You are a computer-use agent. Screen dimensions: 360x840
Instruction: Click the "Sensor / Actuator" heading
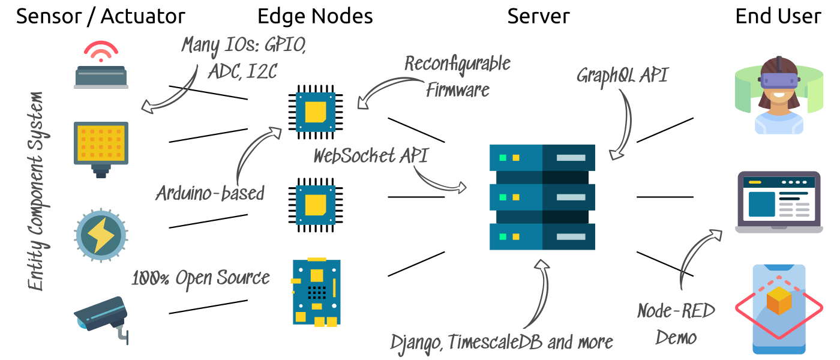(x=100, y=16)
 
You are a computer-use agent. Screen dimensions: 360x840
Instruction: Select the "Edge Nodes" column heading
(x=315, y=16)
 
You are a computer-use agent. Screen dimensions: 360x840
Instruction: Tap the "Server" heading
(x=538, y=16)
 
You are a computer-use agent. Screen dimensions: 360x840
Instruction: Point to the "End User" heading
(x=778, y=16)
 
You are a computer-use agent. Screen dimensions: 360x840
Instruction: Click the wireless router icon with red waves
(x=101, y=66)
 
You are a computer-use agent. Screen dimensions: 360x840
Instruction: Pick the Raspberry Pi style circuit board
(x=316, y=292)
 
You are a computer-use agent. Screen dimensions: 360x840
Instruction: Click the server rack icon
(x=542, y=197)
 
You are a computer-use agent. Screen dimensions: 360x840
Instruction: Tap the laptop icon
(x=779, y=202)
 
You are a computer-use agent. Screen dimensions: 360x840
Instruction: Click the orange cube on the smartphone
(x=779, y=301)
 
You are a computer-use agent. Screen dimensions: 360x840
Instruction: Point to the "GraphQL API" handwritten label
(x=622, y=76)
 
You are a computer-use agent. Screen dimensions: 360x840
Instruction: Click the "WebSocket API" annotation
(x=371, y=155)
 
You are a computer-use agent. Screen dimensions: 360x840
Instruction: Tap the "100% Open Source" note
(x=200, y=278)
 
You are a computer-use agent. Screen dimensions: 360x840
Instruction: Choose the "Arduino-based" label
(x=210, y=193)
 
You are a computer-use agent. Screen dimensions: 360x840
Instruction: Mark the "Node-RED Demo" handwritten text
(x=676, y=324)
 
